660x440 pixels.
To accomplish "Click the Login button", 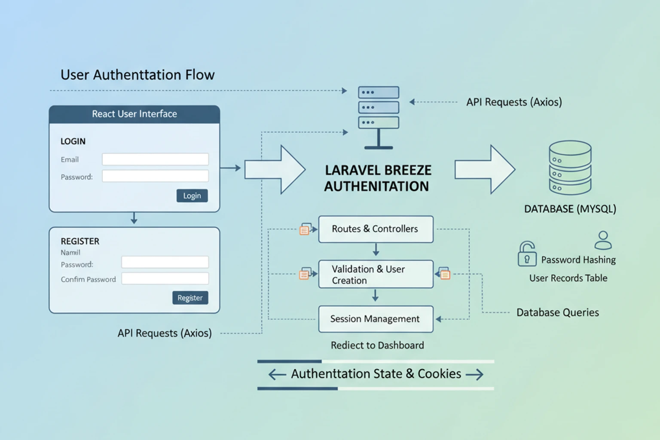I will [192, 196].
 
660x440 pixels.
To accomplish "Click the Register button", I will [190, 298].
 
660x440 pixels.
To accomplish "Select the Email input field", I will [155, 159].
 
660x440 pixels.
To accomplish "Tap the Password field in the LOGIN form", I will [155, 176].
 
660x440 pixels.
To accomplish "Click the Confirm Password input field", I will [165, 279].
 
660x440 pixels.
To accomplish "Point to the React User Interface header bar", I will [134, 114].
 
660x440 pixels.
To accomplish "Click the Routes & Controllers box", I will [376, 229].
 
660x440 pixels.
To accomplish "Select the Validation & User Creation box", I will [376, 274].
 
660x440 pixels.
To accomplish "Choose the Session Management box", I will [376, 319].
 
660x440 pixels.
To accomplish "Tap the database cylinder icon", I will [570, 168].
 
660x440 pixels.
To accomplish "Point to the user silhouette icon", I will [603, 241].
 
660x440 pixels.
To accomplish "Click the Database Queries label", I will [557, 313].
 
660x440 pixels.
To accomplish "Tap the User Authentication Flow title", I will [137, 75].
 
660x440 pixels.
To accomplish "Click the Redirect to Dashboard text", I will [377, 345].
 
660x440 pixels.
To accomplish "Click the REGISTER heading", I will [80, 241].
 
